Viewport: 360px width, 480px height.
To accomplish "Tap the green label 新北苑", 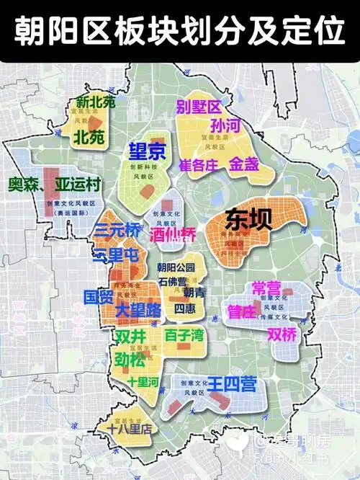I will click(95, 102).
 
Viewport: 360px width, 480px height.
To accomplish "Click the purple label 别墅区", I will click(199, 108).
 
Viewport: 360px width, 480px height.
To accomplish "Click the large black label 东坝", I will click(249, 219).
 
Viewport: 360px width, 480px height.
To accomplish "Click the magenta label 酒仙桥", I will click(173, 234).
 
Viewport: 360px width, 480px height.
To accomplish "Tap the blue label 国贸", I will click(98, 296).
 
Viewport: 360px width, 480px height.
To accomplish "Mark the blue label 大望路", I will click(138, 311).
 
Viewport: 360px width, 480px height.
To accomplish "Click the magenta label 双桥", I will click(282, 334).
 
